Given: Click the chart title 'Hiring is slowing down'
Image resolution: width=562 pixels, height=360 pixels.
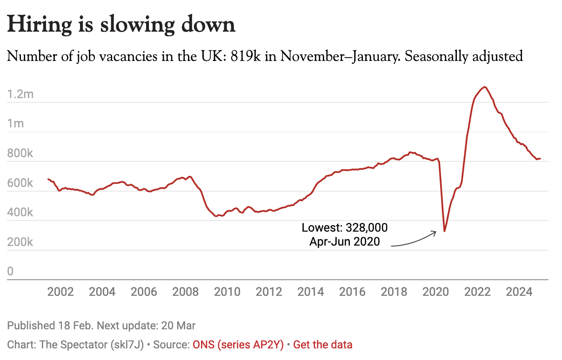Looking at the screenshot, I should pos(121,25).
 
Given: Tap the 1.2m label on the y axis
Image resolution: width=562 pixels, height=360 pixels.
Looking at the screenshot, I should pos(21,94).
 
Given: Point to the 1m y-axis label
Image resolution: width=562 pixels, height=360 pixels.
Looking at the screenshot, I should pos(16,124).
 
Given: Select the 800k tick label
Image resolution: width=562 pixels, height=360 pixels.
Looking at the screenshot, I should pos(20,153).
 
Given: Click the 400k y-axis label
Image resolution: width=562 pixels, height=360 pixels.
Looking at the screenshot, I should pos(20,213).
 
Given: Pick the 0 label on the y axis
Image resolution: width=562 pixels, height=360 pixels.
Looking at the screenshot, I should pos(10,272).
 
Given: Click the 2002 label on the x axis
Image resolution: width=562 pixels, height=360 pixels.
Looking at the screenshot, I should pos(60,292).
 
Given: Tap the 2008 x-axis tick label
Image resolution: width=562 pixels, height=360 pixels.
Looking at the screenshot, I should pos(185,292).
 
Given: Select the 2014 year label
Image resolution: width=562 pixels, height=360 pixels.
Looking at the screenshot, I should pos(311,292).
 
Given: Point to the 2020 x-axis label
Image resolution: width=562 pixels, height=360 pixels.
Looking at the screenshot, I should pos(435,292).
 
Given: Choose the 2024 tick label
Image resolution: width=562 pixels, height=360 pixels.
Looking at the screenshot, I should pos(519,292).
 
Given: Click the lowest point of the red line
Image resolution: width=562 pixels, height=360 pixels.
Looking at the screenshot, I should pos(444,231).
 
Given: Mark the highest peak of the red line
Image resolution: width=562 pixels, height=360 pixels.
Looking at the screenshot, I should pos(485,87).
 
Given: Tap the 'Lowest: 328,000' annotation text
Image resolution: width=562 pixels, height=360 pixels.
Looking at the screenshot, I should pos(345,228).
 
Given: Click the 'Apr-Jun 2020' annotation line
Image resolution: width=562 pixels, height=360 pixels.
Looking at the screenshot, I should pos(345,241).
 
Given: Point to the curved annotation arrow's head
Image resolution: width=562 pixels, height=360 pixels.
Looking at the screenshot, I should pos(435,232).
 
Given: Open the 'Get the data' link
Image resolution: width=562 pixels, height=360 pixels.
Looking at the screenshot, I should pos(323,345).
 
